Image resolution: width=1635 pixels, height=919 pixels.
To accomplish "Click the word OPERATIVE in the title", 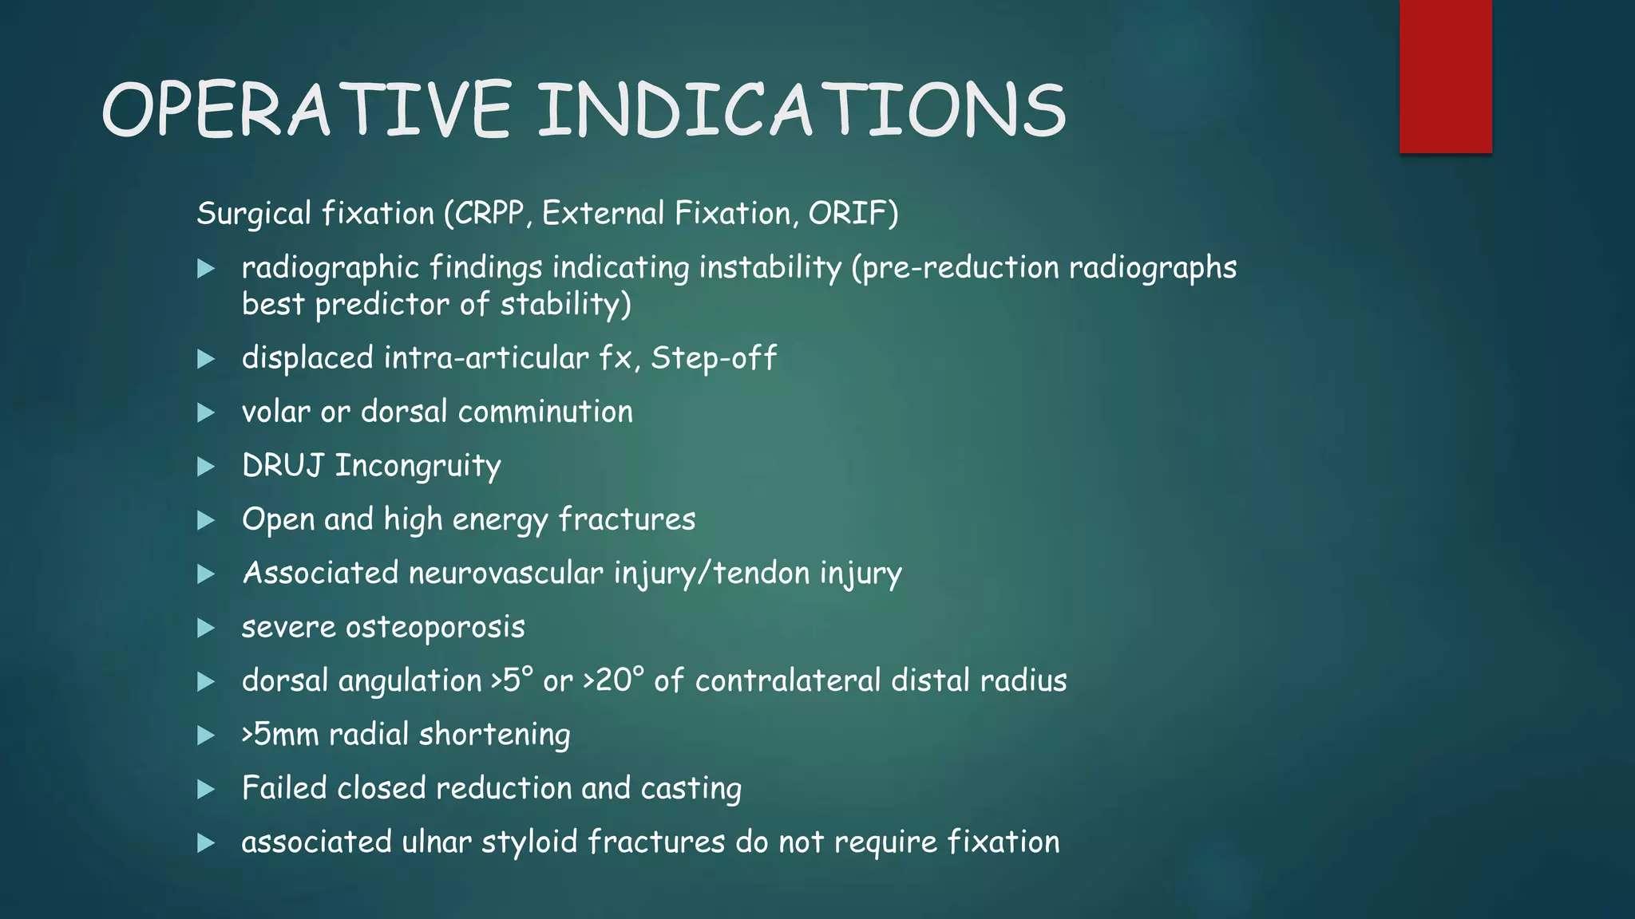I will click(307, 110).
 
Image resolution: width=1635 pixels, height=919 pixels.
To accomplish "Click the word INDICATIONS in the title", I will click(802, 110).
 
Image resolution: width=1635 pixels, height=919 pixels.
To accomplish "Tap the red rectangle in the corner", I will click(1445, 77).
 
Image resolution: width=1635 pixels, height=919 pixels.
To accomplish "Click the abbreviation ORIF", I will click(848, 214).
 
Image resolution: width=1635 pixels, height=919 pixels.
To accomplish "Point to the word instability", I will click(770, 268).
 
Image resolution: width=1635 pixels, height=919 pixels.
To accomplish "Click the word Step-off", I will click(713, 358).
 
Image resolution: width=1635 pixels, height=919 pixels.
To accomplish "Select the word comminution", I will click(545, 412).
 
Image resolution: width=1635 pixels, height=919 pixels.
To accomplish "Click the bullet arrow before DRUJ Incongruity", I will click(206, 467).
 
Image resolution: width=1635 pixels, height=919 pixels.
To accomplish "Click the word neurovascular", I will click(506, 574).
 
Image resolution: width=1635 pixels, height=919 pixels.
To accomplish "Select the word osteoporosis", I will click(435, 628).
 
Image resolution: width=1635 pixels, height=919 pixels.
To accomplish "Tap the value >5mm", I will click(279, 735).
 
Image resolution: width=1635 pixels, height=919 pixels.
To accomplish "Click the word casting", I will click(691, 789).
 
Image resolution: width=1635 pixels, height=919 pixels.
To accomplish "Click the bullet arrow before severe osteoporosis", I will click(206, 629).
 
